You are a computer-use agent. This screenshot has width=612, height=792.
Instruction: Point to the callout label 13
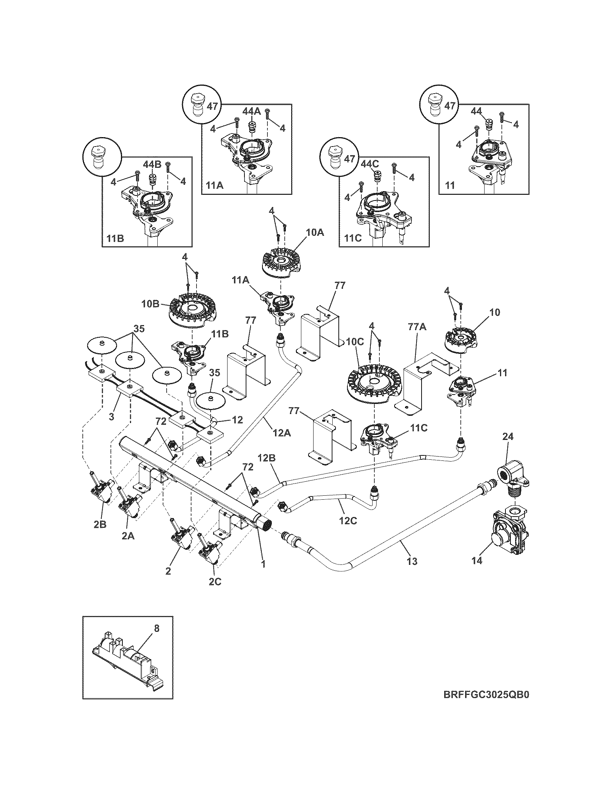(412, 572)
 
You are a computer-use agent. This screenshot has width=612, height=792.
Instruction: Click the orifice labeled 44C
(378, 176)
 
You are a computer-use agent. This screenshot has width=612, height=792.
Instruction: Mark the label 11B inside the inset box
(114, 239)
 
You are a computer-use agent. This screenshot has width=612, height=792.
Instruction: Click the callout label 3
(111, 417)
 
